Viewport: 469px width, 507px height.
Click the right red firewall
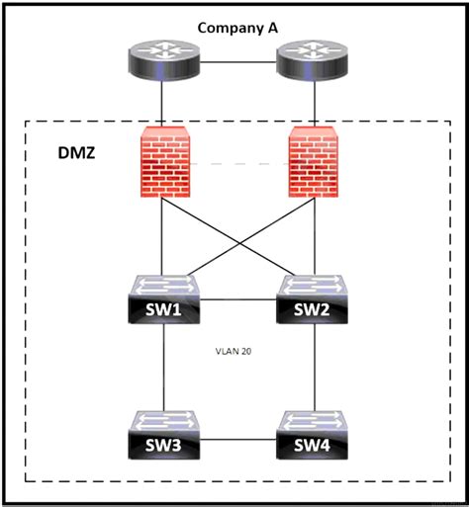[315, 162]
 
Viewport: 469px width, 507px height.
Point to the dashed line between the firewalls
[237, 162]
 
